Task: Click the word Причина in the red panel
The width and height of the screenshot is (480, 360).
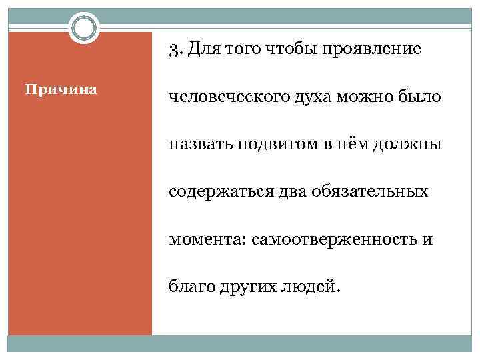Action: (x=61, y=89)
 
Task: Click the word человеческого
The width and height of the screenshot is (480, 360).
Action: (x=225, y=98)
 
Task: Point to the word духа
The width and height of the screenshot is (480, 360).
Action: (x=311, y=98)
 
